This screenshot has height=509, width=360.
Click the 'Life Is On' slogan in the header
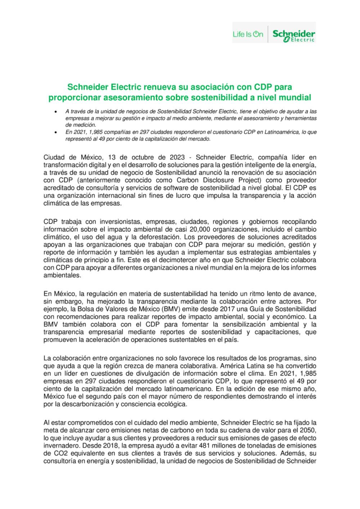tap(248, 35)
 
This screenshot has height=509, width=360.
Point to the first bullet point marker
tap(54, 112)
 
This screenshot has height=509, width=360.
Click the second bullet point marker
tap(54, 132)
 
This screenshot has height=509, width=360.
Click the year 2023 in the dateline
tap(175, 158)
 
